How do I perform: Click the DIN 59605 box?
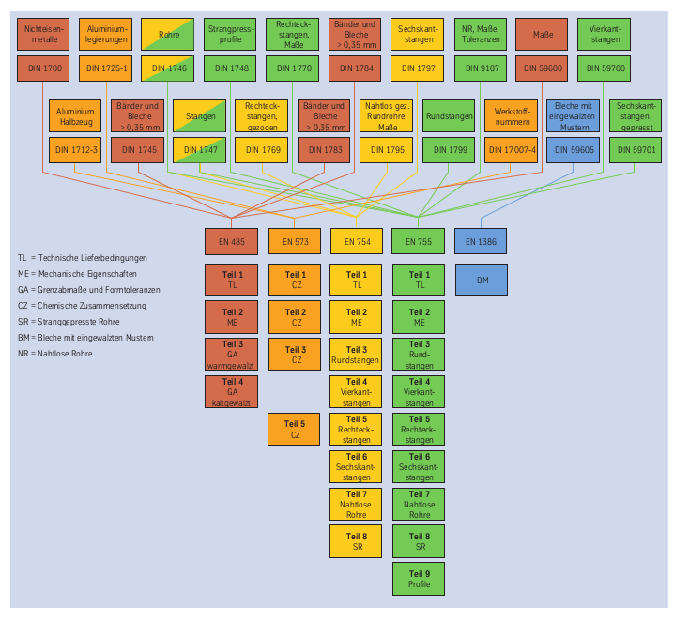click(x=573, y=149)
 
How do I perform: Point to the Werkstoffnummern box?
click(x=510, y=115)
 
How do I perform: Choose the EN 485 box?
click(x=231, y=242)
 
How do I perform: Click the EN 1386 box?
click(x=482, y=242)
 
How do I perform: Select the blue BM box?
click(x=482, y=280)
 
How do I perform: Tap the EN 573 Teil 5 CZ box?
click(x=294, y=429)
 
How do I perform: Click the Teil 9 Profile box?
click(x=419, y=578)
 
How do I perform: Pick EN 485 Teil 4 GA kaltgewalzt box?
click(x=231, y=391)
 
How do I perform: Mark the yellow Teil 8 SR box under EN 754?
click(x=357, y=541)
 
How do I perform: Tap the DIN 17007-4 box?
click(x=510, y=149)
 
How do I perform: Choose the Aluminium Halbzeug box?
click(x=76, y=115)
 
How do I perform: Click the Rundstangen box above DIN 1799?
click(x=448, y=115)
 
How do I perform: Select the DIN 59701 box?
click(x=635, y=149)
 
